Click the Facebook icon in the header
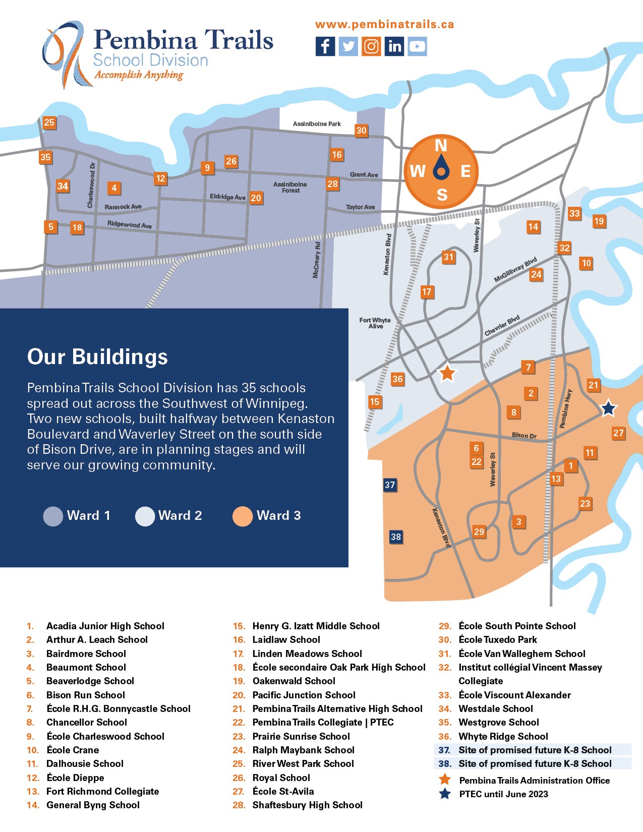[325, 46]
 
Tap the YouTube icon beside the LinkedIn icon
[417, 46]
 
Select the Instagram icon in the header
[371, 46]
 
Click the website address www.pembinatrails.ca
[384, 24]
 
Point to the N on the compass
[441, 145]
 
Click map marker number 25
[49, 123]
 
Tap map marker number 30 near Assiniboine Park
[361, 131]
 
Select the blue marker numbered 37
[390, 485]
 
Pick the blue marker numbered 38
[396, 537]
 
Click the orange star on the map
[447, 373]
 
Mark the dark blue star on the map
[609, 408]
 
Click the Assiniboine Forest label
[290, 187]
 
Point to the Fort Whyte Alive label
[375, 323]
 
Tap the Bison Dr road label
[524, 435]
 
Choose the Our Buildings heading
[97, 356]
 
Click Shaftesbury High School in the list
[307, 805]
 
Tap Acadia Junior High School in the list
[105, 626]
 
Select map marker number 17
[427, 292]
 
